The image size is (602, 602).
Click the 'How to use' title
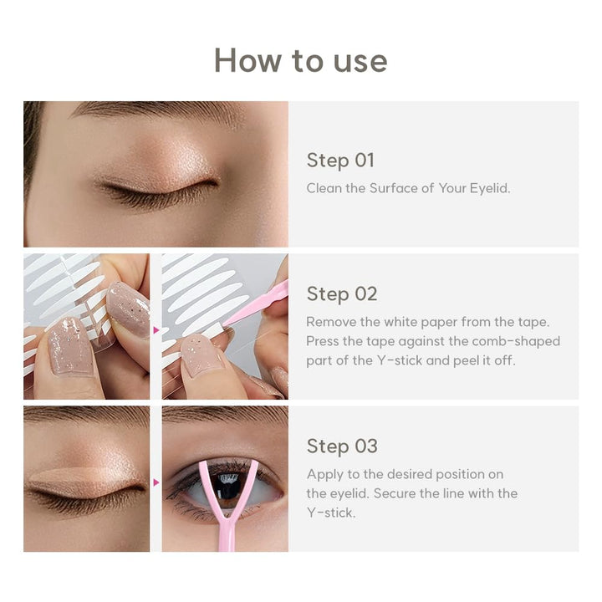(x=300, y=61)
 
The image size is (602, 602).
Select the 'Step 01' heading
(x=340, y=160)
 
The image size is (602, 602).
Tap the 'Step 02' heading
(x=341, y=293)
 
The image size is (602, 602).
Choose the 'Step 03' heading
(x=341, y=446)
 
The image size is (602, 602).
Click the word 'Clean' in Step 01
(x=324, y=188)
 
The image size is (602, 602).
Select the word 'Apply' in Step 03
(x=324, y=473)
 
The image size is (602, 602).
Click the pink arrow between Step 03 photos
(x=156, y=482)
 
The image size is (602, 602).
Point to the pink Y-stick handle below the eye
(x=224, y=535)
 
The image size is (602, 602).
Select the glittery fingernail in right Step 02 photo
(x=201, y=355)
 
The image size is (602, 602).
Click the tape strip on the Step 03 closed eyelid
(x=84, y=481)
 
